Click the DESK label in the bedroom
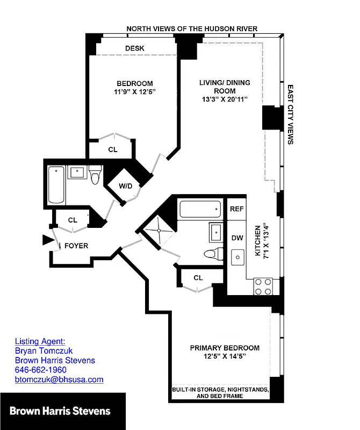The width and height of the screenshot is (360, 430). click(x=134, y=48)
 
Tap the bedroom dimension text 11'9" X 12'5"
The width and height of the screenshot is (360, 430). click(x=134, y=92)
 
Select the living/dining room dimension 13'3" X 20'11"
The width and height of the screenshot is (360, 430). click(x=225, y=99)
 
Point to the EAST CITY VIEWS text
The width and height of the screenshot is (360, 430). click(x=290, y=114)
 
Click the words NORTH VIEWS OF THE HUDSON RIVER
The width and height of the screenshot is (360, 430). click(x=192, y=28)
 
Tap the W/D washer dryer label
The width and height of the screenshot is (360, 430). click(x=125, y=186)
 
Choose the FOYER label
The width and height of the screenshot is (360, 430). click(x=76, y=246)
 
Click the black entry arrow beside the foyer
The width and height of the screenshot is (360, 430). click(x=48, y=240)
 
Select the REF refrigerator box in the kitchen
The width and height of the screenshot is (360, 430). click(x=236, y=209)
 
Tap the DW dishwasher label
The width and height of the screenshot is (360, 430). click(x=237, y=238)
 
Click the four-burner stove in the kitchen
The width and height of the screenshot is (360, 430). click(x=263, y=286)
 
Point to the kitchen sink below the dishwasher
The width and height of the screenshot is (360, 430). click(x=237, y=258)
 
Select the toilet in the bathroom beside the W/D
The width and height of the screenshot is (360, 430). click(x=96, y=175)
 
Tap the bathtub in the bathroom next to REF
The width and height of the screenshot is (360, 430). click(x=200, y=209)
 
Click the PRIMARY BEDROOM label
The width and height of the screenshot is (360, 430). click(x=225, y=348)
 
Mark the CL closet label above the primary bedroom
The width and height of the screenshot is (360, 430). click(x=198, y=277)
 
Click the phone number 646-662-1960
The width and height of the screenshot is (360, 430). click(x=40, y=370)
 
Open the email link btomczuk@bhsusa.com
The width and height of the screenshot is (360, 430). click(x=59, y=379)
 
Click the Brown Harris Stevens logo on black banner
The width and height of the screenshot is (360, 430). click(x=60, y=411)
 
